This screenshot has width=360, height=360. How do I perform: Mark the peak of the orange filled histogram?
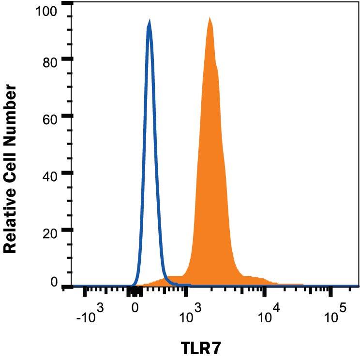pyautogui.click(x=210, y=18)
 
